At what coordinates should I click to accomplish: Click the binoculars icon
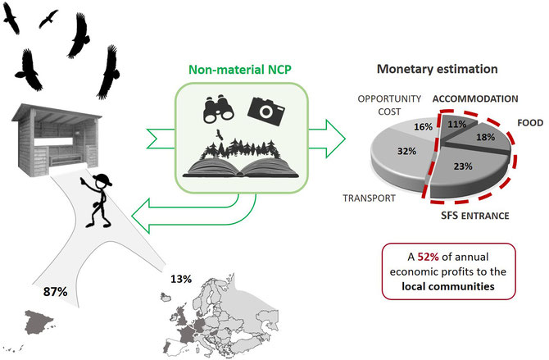coord(219,109)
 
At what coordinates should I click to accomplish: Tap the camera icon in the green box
coord(266,111)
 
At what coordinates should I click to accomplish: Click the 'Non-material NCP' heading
coord(240,70)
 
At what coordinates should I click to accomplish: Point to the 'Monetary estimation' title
coord(438,69)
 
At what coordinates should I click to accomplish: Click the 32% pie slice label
coord(407,151)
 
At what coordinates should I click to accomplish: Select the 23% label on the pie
coord(463,166)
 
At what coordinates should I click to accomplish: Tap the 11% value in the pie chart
coord(457,124)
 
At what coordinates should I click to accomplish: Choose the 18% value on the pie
coord(485,137)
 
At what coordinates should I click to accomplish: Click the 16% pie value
coord(424,126)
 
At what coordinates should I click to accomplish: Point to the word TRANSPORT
coord(369,198)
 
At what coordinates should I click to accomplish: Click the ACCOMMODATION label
coord(475,99)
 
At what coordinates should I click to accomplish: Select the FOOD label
coord(530,123)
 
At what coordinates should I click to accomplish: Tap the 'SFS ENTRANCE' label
coord(474,215)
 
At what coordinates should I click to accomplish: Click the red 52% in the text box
coord(428,257)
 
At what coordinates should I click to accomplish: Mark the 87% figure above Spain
coord(56,292)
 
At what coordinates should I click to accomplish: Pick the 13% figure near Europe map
coord(181,279)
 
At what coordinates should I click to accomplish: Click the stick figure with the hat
coord(97,201)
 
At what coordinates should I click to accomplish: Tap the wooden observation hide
coord(57,140)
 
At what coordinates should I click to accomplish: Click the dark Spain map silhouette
coord(38,321)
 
